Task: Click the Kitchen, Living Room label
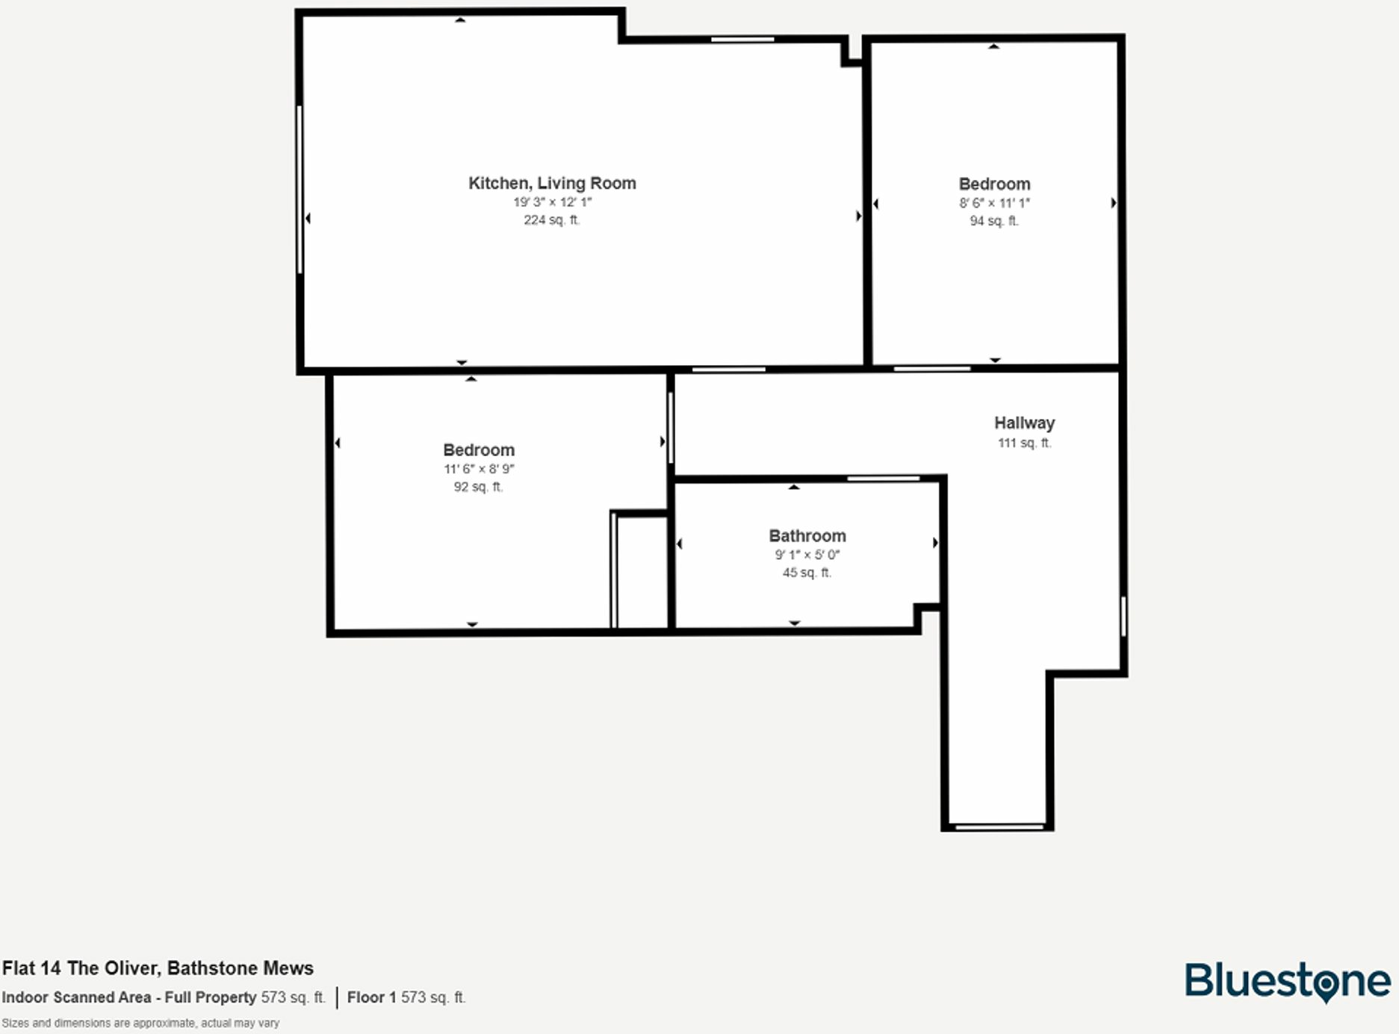[552, 183]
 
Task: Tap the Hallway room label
[1024, 423]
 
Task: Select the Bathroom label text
[807, 535]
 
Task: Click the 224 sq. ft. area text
[551, 219]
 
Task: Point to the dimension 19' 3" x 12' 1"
[552, 202]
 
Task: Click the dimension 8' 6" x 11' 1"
[994, 203]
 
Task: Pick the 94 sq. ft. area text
[993, 221]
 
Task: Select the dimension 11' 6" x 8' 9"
[479, 469]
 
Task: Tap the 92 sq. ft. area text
[478, 487]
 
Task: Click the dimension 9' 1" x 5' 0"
[807, 555]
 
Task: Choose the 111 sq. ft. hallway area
[1024, 443]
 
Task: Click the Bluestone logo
[1287, 981]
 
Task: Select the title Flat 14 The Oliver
[158, 968]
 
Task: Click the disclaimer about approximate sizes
[140, 1023]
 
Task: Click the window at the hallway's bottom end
[999, 826]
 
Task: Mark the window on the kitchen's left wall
[300, 189]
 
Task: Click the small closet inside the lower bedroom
[640, 571]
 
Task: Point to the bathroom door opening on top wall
[883, 478]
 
